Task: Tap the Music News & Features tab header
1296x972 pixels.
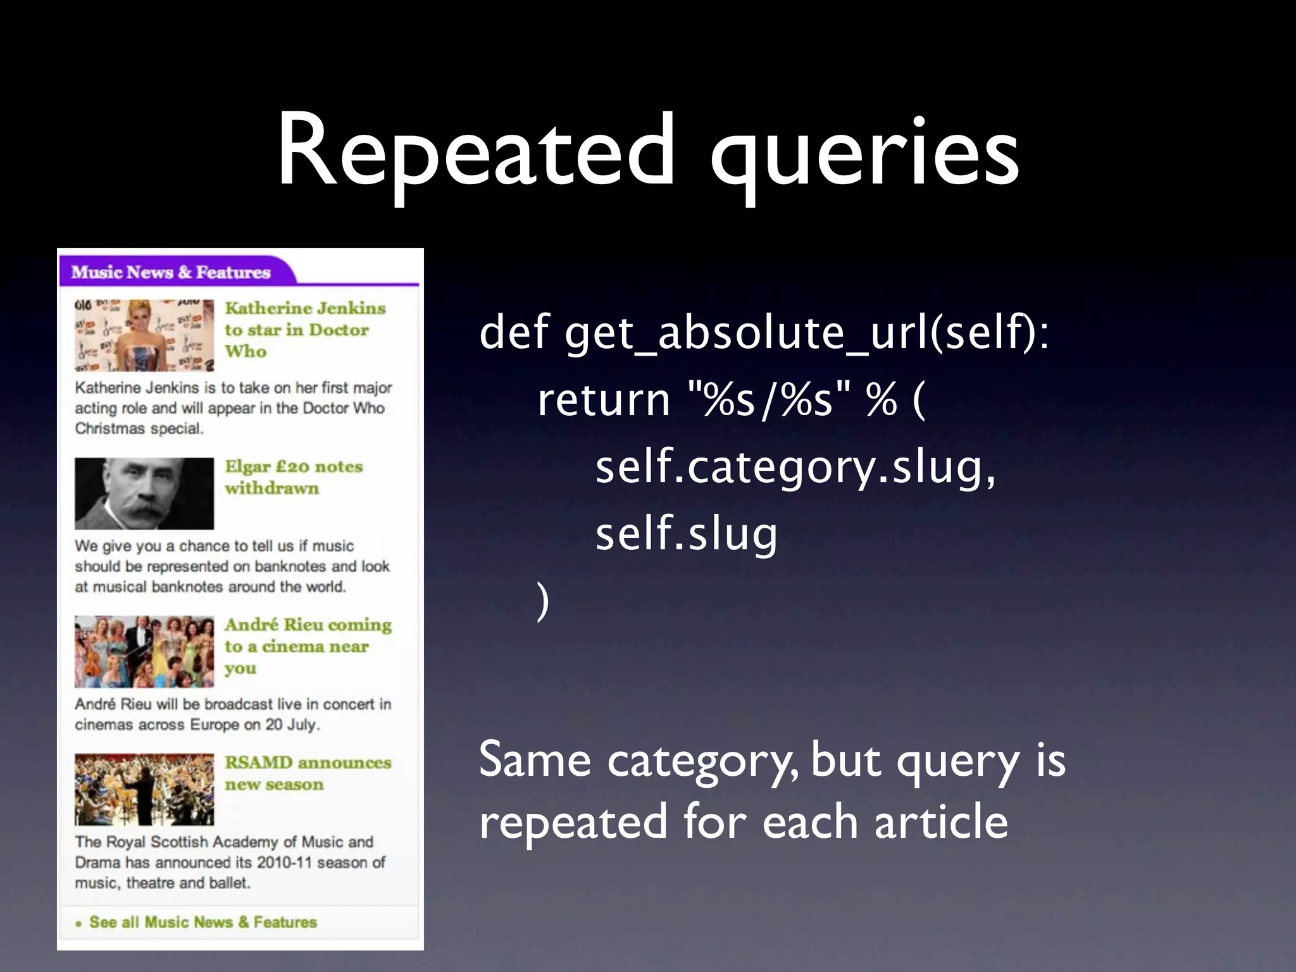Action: point(171,272)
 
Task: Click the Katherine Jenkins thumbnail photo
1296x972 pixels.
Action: point(144,335)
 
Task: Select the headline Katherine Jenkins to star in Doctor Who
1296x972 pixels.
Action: point(305,330)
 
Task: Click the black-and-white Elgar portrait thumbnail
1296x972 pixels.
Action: point(144,494)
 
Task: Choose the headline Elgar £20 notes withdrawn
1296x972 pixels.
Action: point(294,477)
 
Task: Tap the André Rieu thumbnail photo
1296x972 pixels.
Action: point(144,652)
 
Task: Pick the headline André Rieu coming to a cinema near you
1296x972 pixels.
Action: point(308,646)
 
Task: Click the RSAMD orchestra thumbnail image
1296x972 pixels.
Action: point(144,789)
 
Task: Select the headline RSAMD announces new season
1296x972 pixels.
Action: point(308,773)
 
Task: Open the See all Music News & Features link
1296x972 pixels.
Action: point(202,922)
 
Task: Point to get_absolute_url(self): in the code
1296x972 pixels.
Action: point(807,334)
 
